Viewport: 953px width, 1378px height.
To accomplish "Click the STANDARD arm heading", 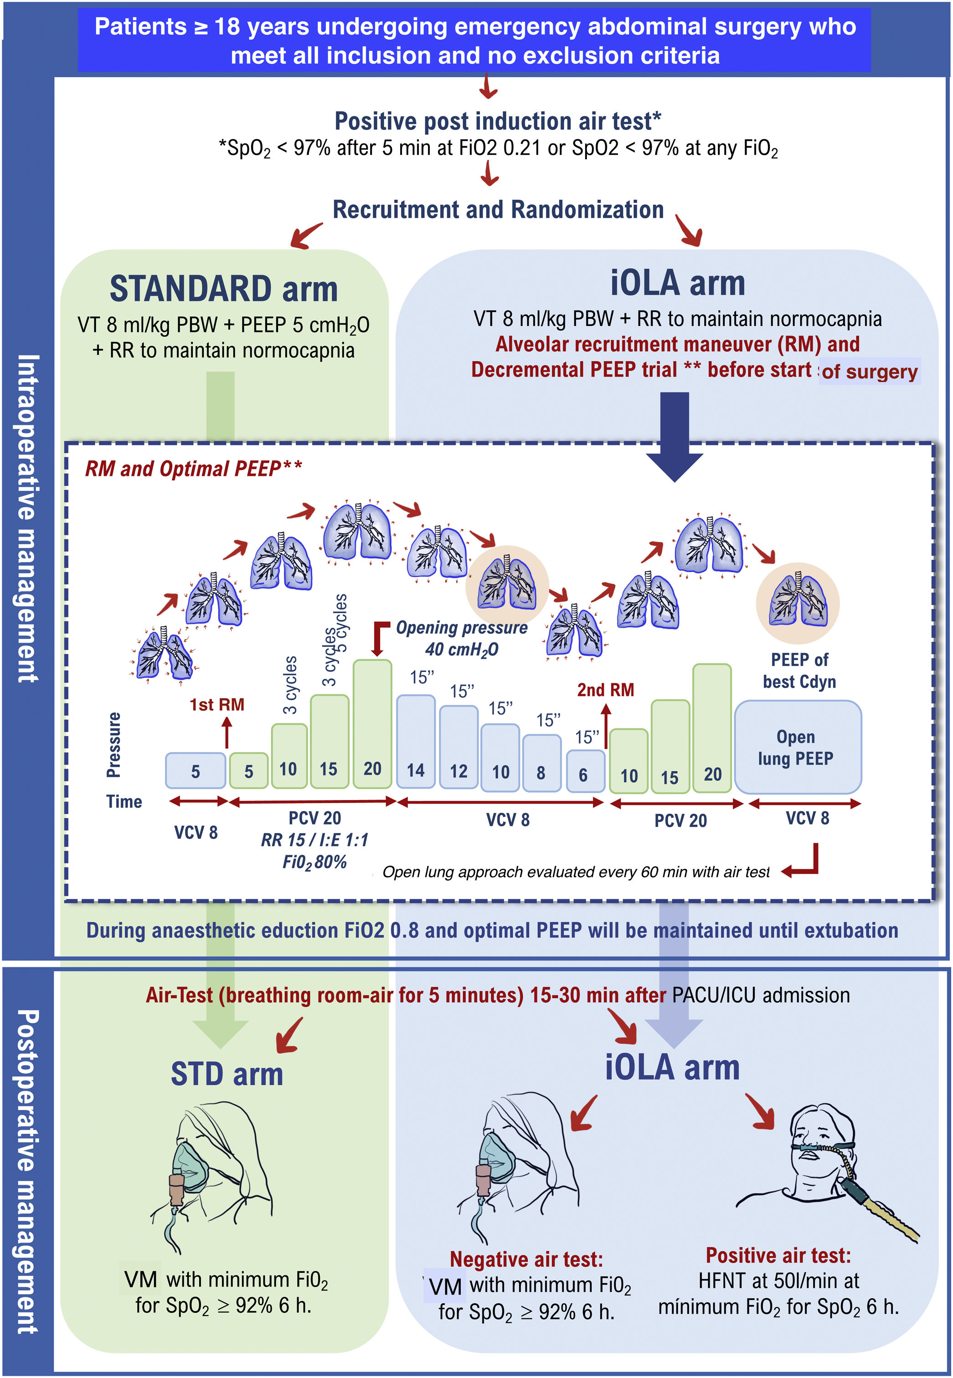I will [223, 289].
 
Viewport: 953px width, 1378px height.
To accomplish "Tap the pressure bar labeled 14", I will [416, 742].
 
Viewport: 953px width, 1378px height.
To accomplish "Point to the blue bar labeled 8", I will [541, 763].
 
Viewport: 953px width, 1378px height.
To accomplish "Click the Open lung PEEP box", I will [797, 747].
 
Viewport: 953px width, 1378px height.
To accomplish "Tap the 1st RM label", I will [217, 705].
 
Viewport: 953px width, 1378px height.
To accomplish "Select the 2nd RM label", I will [605, 690].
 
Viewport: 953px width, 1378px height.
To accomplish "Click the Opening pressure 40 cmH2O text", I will [461, 638].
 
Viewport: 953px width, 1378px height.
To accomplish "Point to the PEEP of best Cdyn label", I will [799, 671].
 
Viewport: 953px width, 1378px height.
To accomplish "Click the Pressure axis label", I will [113, 744].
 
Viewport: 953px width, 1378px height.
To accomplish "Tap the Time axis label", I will [124, 801].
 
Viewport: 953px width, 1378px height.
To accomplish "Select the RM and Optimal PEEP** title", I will [193, 469].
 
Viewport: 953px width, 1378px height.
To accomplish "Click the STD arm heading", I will [227, 1074].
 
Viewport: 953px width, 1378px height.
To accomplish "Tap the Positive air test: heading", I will [778, 1255].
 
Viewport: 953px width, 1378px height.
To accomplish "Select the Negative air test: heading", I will [526, 1259].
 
